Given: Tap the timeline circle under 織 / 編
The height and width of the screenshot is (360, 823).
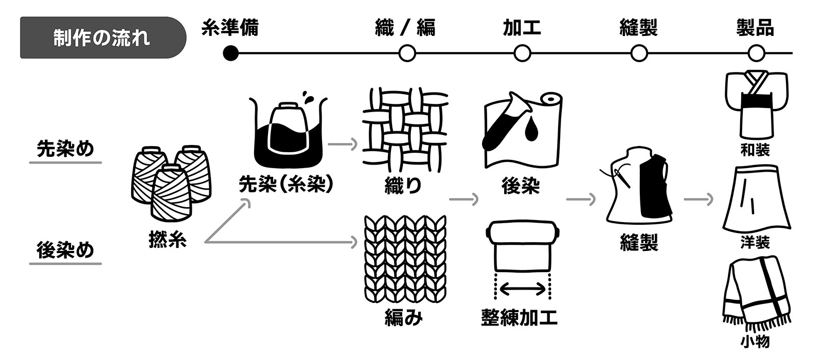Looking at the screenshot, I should tap(407, 53).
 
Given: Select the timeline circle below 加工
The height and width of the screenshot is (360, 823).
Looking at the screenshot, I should tap(522, 53).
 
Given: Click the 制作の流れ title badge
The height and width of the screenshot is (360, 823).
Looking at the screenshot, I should tap(102, 38).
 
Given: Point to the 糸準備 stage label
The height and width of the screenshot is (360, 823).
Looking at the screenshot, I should tap(230, 28).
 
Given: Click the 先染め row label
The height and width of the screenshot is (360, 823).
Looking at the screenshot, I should tap(65, 149).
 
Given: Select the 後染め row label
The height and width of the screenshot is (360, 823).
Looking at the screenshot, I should tap(65, 250).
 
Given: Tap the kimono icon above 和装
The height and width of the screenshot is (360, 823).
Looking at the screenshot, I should tap(756, 105).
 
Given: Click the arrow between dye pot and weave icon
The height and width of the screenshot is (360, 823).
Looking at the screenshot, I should tap(343, 144).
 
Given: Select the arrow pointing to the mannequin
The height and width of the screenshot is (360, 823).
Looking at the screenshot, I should tap(581, 199).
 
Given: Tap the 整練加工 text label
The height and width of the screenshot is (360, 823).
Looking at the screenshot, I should tap(519, 317).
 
